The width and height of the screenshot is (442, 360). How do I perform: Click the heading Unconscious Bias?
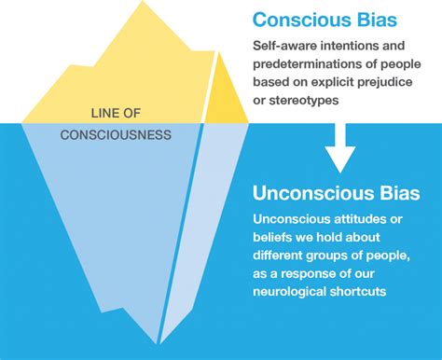(334, 194)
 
